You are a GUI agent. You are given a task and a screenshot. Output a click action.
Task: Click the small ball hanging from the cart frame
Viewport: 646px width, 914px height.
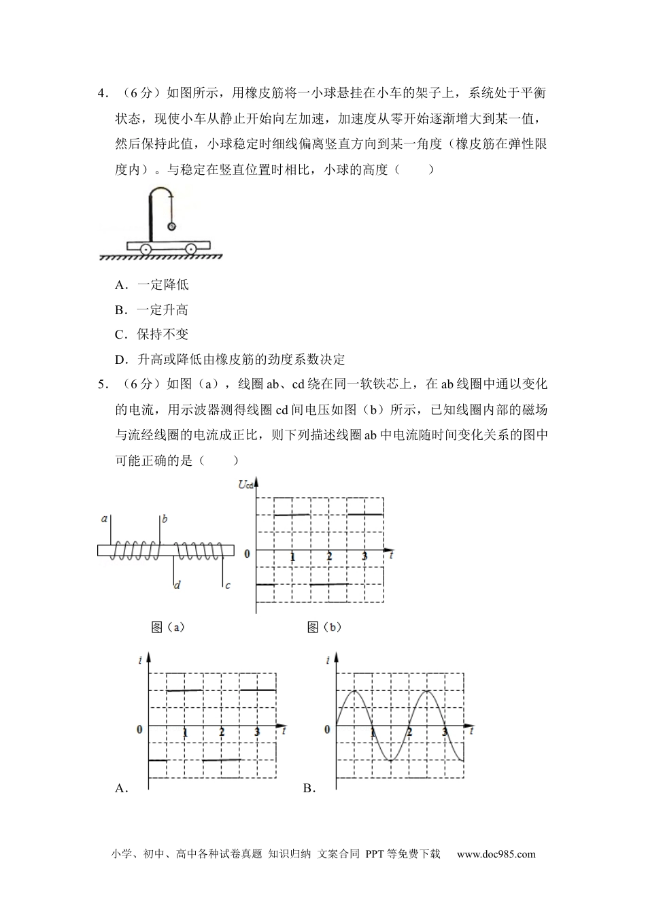pos(171,226)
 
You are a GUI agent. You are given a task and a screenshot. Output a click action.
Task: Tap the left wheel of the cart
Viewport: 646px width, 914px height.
pos(146,249)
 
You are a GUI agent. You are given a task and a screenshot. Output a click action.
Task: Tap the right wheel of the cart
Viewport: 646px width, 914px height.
pos(191,249)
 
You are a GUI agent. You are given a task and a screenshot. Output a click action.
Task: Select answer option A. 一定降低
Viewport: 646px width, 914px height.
pos(152,285)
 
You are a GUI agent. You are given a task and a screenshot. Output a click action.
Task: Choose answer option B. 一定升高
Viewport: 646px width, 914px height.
pos(152,310)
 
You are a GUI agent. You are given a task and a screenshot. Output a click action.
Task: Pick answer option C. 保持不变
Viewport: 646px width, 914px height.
pos(152,335)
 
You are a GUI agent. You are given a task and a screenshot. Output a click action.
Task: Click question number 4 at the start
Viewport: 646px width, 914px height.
pos(101,93)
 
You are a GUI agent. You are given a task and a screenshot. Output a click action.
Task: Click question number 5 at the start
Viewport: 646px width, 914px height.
pos(101,384)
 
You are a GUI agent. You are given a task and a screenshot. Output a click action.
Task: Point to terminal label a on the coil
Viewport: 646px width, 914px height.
pos(105,519)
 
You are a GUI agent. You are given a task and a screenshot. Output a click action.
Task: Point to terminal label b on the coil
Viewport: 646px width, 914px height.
pos(165,519)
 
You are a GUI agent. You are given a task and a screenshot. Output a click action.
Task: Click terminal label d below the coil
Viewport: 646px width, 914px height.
pos(177,584)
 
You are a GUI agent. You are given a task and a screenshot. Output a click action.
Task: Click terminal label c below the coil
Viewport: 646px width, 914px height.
pos(227,584)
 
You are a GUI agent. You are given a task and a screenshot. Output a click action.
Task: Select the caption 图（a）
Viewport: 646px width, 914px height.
pos(168,627)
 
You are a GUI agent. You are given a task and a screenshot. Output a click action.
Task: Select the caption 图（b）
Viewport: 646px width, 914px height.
pos(324,627)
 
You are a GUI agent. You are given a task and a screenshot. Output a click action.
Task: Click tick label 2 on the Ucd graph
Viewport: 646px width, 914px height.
pos(329,557)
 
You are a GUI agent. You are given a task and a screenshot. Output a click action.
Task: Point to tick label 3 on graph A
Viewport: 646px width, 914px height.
pos(257,732)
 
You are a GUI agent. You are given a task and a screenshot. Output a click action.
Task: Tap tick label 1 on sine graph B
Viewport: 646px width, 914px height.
pos(373,732)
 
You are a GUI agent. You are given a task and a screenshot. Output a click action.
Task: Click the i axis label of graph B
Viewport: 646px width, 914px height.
pos(328,660)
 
